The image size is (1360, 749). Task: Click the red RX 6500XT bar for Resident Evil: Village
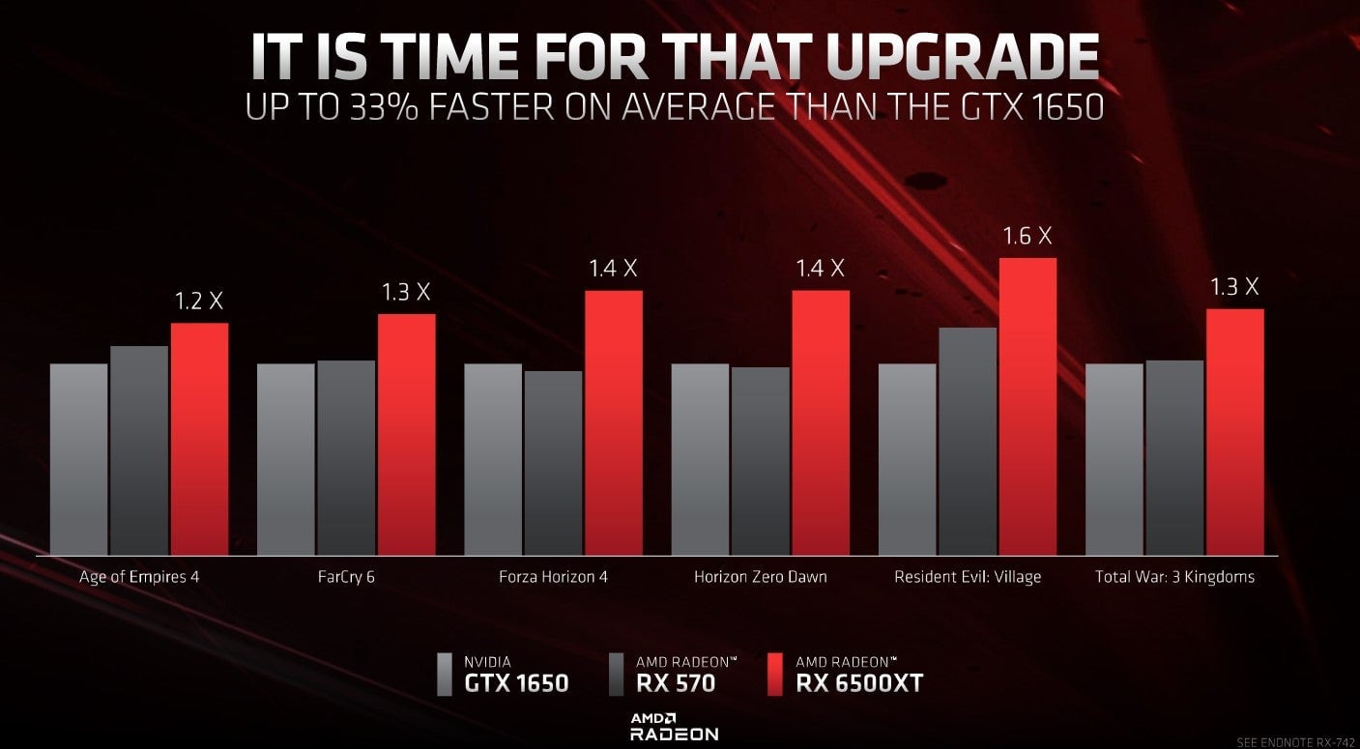tap(1027, 406)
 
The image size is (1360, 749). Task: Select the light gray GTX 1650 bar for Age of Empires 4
tap(78, 459)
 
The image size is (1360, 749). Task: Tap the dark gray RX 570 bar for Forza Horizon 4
tap(553, 463)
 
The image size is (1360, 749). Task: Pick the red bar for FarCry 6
tap(406, 434)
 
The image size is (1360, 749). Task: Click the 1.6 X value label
tap(1027, 236)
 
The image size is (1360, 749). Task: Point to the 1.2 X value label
tap(199, 302)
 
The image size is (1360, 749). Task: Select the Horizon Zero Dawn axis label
tap(761, 577)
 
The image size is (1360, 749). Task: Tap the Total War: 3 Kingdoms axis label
tap(1174, 577)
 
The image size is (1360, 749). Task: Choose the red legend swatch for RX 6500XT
tap(773, 675)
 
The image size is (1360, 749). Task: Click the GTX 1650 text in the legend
tap(516, 683)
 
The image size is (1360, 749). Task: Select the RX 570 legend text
tap(676, 683)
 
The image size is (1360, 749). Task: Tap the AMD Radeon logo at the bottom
tap(674, 726)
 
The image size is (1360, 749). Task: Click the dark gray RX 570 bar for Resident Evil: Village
tap(968, 442)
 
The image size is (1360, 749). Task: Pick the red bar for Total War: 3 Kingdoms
tap(1234, 432)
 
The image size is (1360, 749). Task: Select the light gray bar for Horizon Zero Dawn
tap(700, 459)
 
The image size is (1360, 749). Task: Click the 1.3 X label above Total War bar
tap(1234, 287)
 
